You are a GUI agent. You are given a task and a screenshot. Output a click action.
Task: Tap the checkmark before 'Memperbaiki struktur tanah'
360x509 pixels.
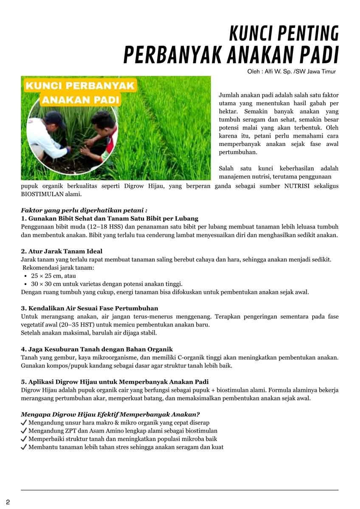[x=24, y=439]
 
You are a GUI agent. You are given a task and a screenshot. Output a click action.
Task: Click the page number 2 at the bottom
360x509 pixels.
[x=8, y=503]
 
